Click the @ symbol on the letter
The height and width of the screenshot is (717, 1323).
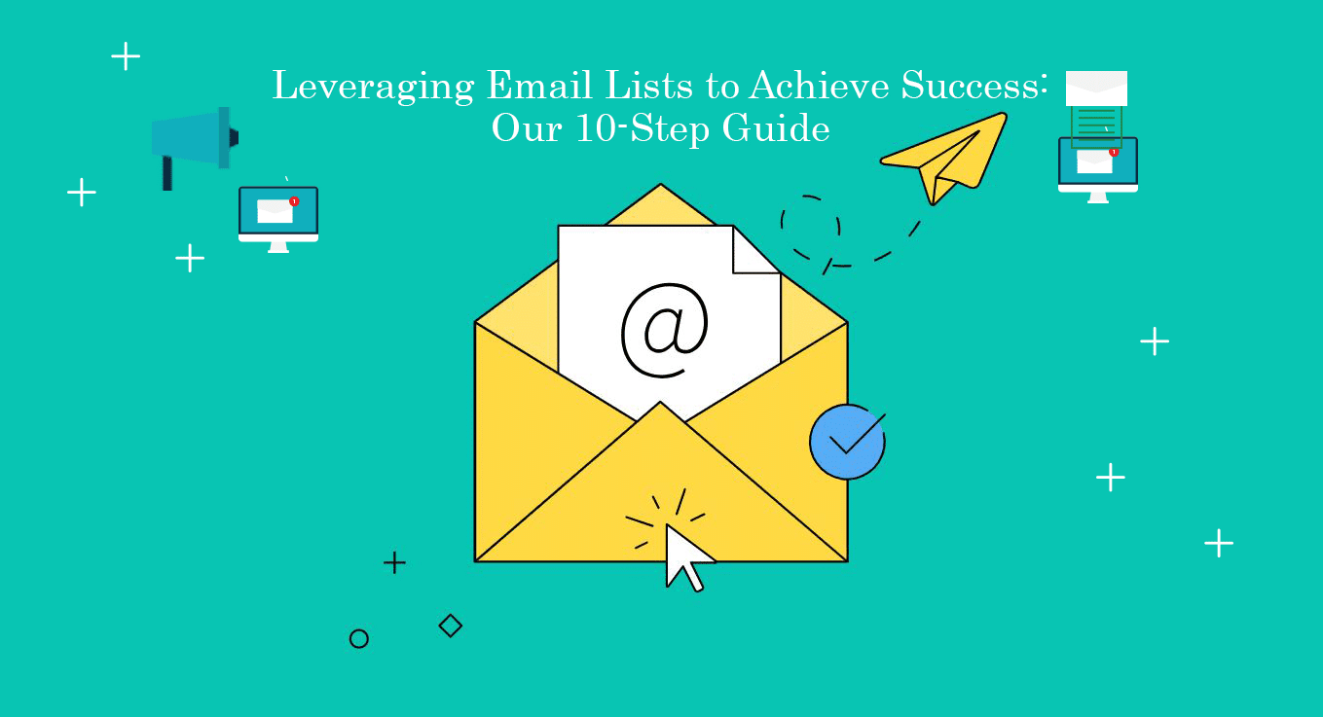pos(665,331)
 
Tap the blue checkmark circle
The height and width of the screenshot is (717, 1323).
pos(846,443)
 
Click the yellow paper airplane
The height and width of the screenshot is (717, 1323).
pos(942,159)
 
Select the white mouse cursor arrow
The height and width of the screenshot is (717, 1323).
pos(684,556)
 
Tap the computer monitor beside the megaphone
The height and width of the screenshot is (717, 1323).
pos(278,216)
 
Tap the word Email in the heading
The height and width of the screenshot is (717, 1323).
pos(533,86)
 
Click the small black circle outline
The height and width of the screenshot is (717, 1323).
pos(358,639)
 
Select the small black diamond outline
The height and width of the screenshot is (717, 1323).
pos(450,626)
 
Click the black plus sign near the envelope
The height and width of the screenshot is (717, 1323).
pos(394,562)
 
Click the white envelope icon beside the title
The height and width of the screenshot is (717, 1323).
pos(1096,89)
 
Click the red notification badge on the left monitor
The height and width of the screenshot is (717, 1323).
pos(294,201)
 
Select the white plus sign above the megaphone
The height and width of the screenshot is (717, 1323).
pos(126,56)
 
